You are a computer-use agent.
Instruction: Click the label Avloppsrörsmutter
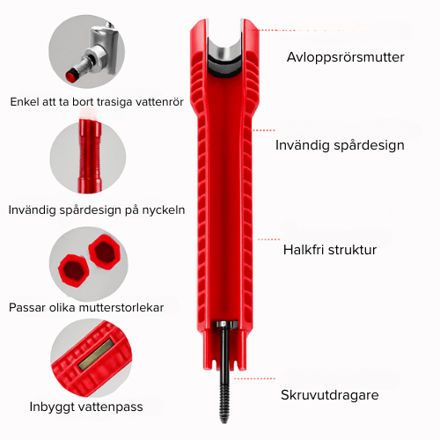coord(345,57)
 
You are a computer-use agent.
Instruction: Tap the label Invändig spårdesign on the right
coord(340,145)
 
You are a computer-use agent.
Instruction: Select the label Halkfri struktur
coord(330,250)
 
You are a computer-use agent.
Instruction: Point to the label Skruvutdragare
coord(330,395)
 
